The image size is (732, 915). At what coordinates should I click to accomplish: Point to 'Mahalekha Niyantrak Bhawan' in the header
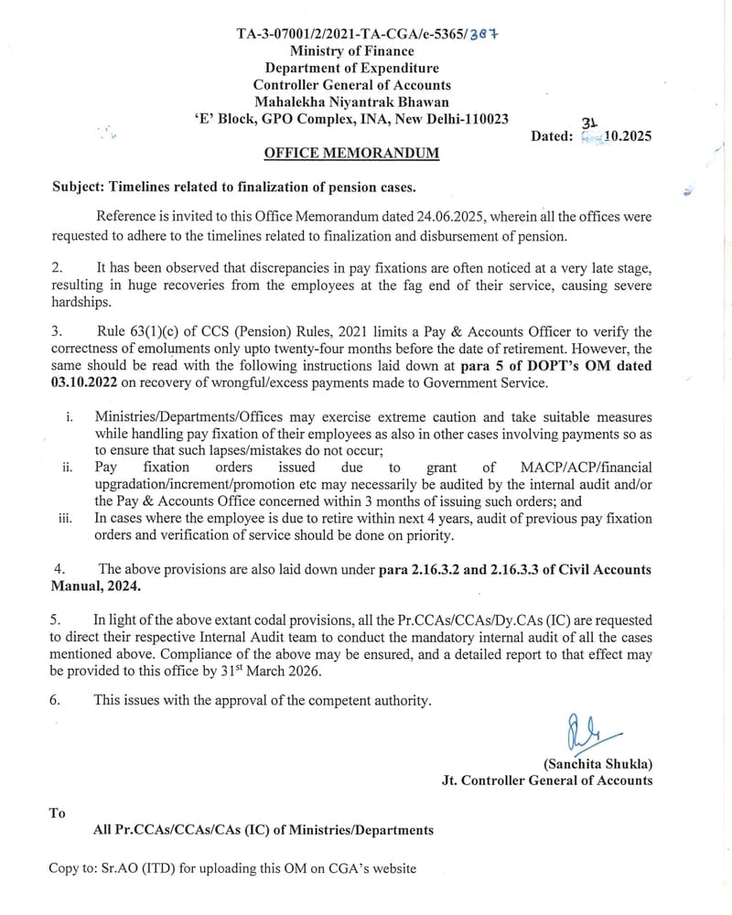pos(352,102)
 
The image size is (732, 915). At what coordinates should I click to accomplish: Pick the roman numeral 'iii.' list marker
pos(66,519)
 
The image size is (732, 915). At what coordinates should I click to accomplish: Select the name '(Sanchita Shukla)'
pos(598,764)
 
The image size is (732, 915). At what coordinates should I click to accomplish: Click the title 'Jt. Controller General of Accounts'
pos(547,780)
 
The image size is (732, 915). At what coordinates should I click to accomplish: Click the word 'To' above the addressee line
pos(57,813)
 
